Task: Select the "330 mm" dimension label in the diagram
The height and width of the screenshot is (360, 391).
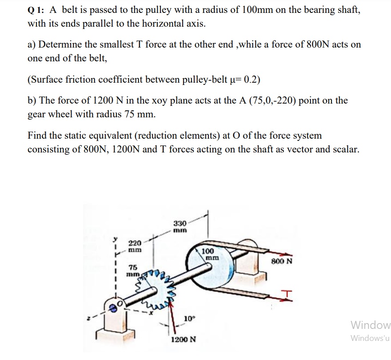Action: point(180,227)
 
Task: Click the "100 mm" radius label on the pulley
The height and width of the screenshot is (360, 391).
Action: point(209,254)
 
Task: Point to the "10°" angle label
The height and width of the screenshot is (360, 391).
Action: point(188,318)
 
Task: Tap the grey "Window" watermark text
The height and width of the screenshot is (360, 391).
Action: point(370,324)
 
